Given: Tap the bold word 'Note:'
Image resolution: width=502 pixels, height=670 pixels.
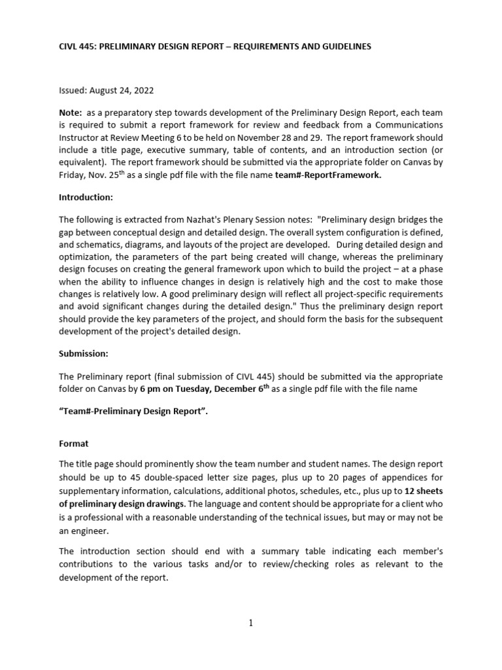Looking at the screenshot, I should coord(71,113).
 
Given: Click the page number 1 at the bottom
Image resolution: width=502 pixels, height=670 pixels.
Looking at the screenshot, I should coord(251,623).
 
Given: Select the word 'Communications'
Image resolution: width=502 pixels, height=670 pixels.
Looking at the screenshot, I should coord(405,125).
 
